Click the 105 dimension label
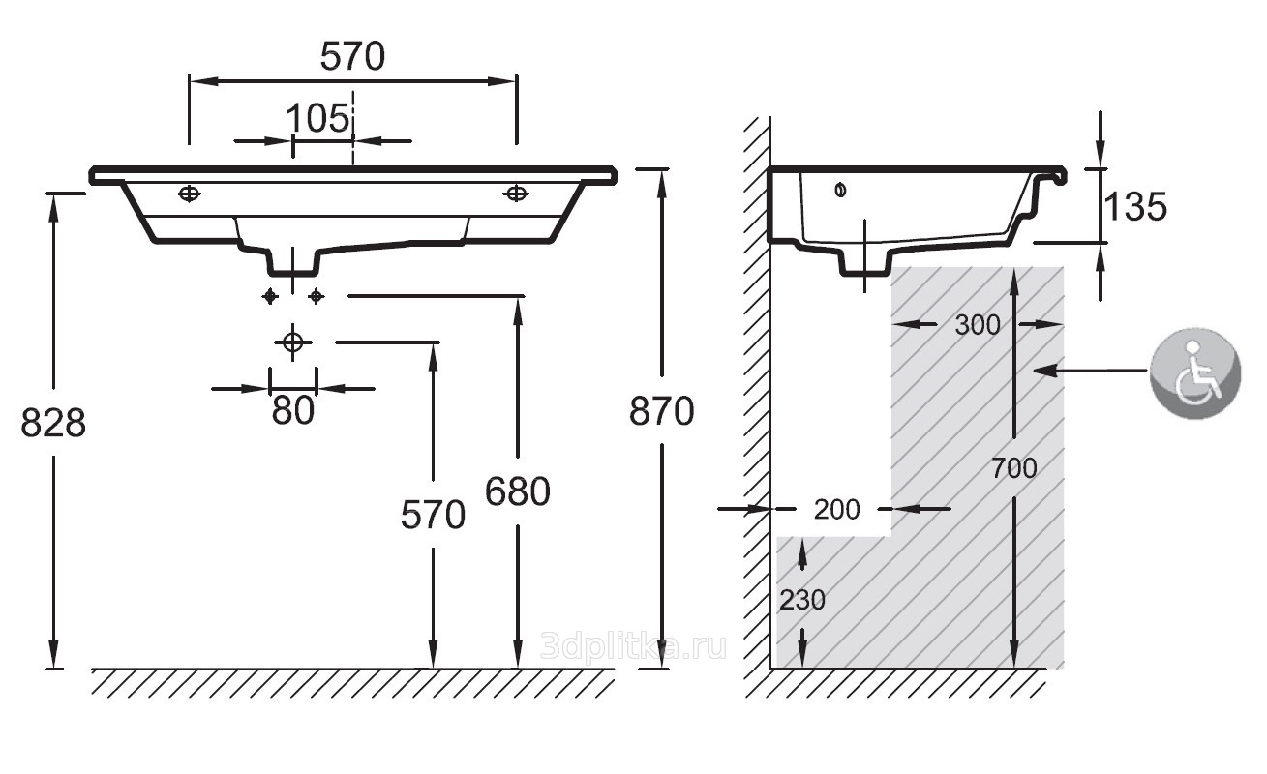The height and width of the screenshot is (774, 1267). point(317,118)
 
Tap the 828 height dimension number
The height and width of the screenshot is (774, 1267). point(53,423)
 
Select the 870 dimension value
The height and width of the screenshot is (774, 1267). point(661,411)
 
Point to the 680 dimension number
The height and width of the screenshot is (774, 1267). point(518,491)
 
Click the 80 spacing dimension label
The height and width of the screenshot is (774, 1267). point(292,410)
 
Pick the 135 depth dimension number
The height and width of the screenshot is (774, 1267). point(1135,206)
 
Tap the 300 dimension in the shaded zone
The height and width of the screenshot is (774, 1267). point(978,324)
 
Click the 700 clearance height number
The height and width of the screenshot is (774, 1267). point(1014,468)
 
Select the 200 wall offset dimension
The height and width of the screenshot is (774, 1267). point(836,510)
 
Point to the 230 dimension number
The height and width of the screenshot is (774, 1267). point(802,599)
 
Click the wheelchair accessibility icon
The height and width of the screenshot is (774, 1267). point(1195,373)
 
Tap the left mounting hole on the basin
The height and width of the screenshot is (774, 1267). point(189,193)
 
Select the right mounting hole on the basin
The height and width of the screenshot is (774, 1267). point(515,193)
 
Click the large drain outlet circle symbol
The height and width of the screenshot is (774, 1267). point(292,342)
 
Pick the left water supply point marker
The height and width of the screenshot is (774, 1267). point(270,296)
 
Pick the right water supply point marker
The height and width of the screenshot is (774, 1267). point(316,296)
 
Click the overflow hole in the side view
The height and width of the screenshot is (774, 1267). point(840,191)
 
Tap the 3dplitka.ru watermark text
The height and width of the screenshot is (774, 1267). point(633,646)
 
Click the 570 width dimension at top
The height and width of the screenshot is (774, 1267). point(352,56)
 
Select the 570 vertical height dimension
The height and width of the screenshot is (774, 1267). point(433,515)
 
